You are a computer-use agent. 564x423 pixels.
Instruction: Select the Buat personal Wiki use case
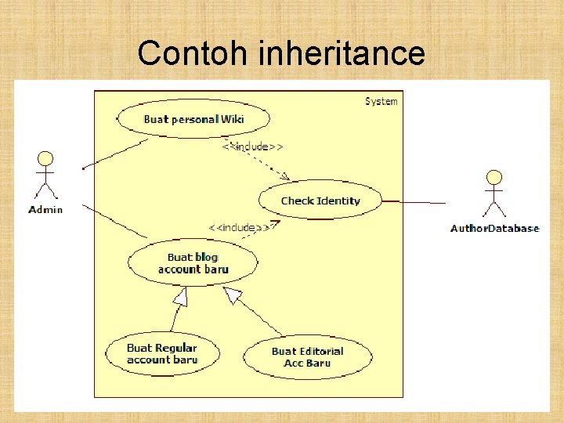click(193, 119)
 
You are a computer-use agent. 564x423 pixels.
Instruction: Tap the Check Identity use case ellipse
click(320, 201)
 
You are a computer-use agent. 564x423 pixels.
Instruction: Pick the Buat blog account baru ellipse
click(193, 262)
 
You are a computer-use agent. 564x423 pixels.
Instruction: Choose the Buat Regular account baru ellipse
click(162, 354)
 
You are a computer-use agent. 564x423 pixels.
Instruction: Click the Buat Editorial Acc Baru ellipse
click(307, 357)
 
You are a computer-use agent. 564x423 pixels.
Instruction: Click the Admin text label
click(45, 209)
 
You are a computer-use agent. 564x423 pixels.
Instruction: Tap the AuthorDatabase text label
click(494, 229)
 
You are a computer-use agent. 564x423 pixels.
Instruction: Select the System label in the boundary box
click(381, 101)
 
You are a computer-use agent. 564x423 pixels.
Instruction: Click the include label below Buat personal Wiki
click(252, 146)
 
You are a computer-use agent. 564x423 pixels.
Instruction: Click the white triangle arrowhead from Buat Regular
click(181, 297)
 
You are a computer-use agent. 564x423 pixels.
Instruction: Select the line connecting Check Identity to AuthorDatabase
click(414, 202)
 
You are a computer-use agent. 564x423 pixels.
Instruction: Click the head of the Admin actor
click(45, 157)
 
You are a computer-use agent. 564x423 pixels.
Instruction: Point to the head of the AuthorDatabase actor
click(494, 176)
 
